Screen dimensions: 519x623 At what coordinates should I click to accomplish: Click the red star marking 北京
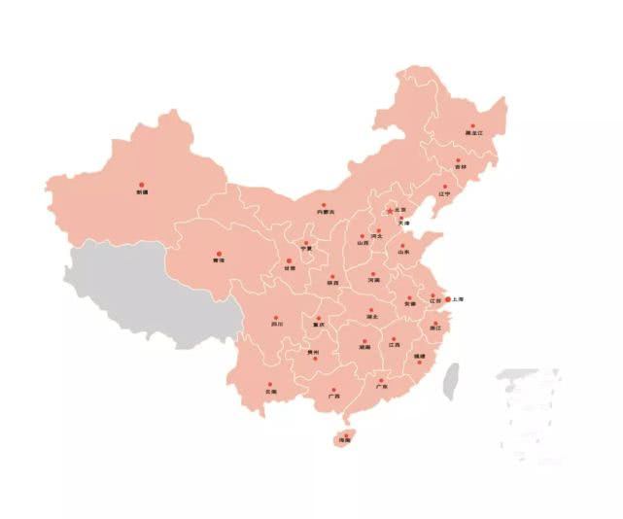point(389,210)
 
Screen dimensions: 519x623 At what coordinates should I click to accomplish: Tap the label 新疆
point(142,191)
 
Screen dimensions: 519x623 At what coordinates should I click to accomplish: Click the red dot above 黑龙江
point(473,126)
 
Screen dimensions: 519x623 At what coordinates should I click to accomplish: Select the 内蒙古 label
point(325,212)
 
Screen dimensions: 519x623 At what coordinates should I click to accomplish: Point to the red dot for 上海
point(447,299)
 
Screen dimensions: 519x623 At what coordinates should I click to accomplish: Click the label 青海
point(219,261)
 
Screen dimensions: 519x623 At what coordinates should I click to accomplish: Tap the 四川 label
point(277,326)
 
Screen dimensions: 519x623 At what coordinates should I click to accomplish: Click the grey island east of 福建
point(451,382)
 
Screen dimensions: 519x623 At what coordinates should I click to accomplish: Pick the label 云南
point(270,392)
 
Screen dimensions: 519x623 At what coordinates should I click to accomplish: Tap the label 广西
point(333,397)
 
